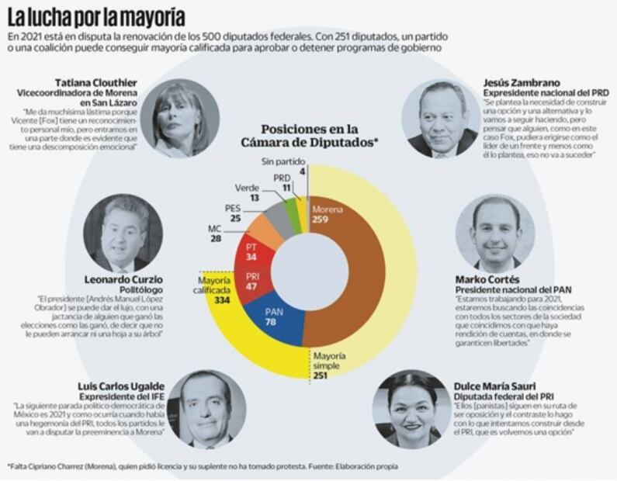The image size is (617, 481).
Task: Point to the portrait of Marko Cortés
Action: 497,234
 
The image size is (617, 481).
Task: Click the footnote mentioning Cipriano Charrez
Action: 202,466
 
